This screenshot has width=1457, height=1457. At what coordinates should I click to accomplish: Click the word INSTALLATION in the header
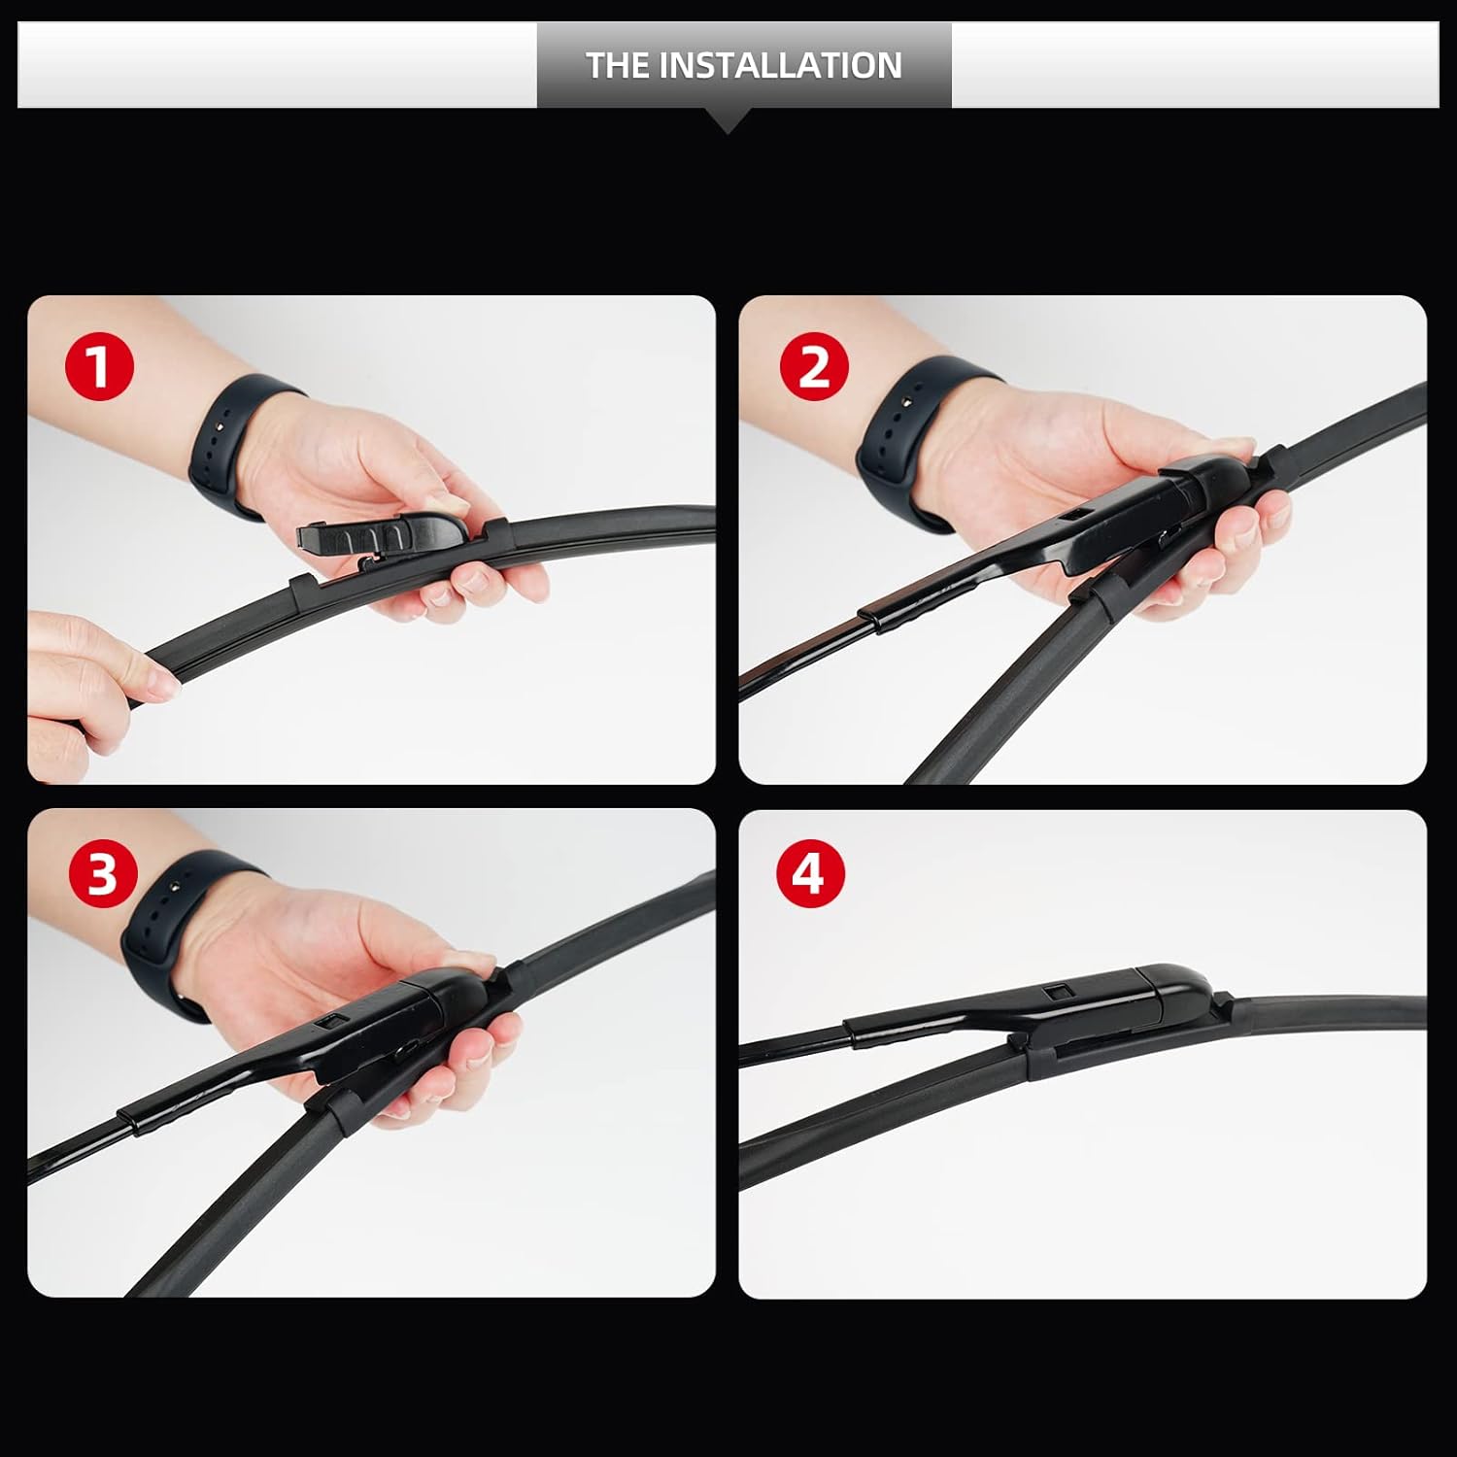coord(781,65)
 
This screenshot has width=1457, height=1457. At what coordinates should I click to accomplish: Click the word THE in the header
coord(618,65)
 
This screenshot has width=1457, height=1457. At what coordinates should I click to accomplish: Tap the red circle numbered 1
coord(98,368)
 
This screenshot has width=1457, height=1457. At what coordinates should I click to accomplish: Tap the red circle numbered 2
coord(814,368)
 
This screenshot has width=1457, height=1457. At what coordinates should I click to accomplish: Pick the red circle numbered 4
coord(810,873)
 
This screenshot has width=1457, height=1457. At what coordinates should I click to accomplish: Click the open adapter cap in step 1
coord(379,535)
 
